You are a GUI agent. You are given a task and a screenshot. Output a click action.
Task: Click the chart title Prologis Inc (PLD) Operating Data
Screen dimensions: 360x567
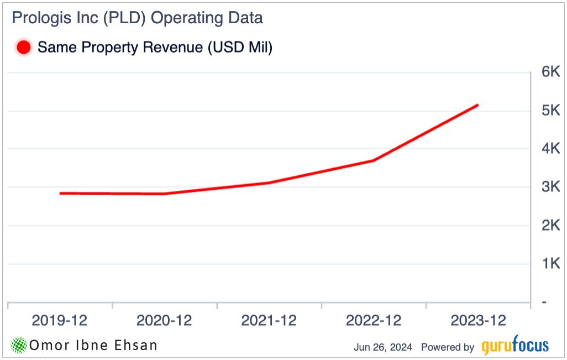tap(137, 18)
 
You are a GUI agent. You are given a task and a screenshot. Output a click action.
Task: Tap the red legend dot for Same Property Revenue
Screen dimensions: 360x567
tap(24, 48)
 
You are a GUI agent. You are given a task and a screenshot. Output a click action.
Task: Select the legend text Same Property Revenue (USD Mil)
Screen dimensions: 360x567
tap(155, 48)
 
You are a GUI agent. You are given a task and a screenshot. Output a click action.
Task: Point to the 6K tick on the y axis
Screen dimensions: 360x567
tap(550, 72)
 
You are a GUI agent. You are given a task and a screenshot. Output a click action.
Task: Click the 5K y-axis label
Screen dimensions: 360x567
tap(550, 111)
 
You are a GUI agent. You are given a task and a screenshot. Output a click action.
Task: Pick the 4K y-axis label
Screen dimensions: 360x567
tap(550, 149)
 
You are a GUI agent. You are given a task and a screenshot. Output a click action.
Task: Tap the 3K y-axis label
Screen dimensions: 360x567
tap(550, 187)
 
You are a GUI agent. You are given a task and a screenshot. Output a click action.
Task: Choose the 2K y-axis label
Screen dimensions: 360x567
tap(550, 226)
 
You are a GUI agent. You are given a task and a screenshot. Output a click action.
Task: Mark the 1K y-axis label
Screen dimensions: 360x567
tap(550, 264)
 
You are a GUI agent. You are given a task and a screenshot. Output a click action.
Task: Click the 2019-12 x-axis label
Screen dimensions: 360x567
tap(60, 321)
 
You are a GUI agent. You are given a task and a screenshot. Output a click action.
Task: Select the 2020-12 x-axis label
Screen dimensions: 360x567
tap(164, 321)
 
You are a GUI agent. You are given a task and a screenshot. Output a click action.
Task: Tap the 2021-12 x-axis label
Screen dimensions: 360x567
tap(269, 321)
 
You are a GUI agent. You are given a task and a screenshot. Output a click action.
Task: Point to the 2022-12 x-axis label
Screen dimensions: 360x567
tap(374, 321)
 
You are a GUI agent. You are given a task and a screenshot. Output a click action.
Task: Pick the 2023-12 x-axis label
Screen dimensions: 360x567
tap(478, 321)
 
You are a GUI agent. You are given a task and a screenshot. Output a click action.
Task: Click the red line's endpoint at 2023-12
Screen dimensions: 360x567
tap(477, 105)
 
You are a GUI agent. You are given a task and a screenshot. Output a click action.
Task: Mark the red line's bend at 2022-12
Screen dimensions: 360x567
tap(374, 161)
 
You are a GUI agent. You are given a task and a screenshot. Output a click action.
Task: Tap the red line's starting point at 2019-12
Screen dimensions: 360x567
tap(60, 193)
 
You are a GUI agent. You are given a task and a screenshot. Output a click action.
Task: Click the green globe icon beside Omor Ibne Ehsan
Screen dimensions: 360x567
tap(19, 346)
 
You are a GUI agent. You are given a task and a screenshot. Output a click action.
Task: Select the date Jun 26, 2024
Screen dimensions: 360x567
tap(383, 347)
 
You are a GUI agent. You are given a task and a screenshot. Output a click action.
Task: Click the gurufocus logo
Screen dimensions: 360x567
tap(515, 346)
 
